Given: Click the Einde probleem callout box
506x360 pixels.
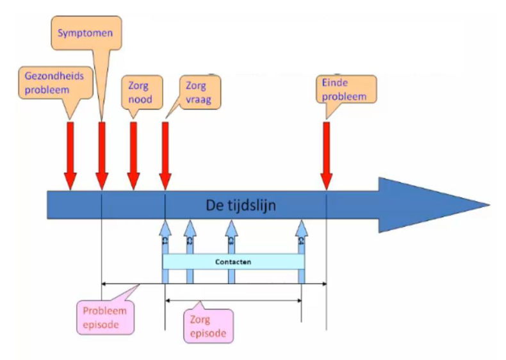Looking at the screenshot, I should pos(345,88).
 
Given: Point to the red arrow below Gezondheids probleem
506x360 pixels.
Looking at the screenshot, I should pos(70,154).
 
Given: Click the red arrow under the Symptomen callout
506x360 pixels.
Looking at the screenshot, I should pos(101,154).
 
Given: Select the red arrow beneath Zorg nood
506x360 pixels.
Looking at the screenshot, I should pos(133,154).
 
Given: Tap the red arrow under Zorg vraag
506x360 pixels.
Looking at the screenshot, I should pos(165,154).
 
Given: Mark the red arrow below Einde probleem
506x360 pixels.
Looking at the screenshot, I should pos(327,154).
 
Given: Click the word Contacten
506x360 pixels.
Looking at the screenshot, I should pos(233,261).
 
